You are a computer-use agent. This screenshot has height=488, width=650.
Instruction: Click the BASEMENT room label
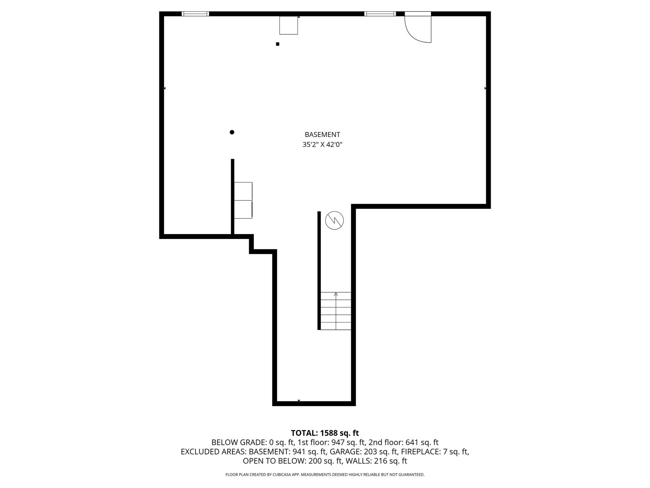322,134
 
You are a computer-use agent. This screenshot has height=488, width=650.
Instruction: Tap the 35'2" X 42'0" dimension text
322,145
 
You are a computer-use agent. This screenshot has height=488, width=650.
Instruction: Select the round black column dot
232,132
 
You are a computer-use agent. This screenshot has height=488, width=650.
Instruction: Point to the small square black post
278,44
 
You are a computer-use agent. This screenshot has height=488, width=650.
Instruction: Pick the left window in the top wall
195,14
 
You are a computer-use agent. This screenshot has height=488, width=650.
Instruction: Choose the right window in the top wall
380,14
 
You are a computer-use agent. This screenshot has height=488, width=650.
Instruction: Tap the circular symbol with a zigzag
335,220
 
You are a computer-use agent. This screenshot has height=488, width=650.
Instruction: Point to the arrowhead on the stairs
336,294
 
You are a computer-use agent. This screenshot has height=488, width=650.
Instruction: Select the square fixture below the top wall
289,25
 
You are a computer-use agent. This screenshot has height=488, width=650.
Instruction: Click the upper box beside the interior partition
243,191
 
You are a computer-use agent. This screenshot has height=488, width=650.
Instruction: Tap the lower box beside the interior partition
243,209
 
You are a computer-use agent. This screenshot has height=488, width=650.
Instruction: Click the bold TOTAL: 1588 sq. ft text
325,433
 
